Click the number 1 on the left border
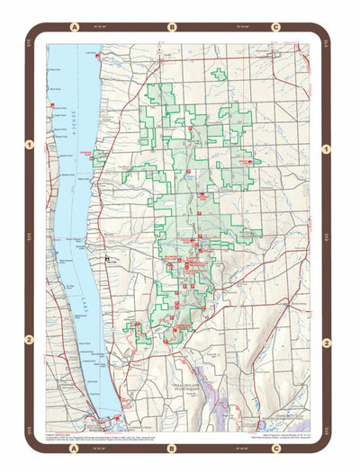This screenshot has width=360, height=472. tap(30, 144)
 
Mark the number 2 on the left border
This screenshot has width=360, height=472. tap(30, 340)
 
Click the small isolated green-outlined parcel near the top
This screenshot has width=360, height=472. tap(218, 74)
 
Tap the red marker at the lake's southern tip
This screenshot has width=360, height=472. tap(101, 417)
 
